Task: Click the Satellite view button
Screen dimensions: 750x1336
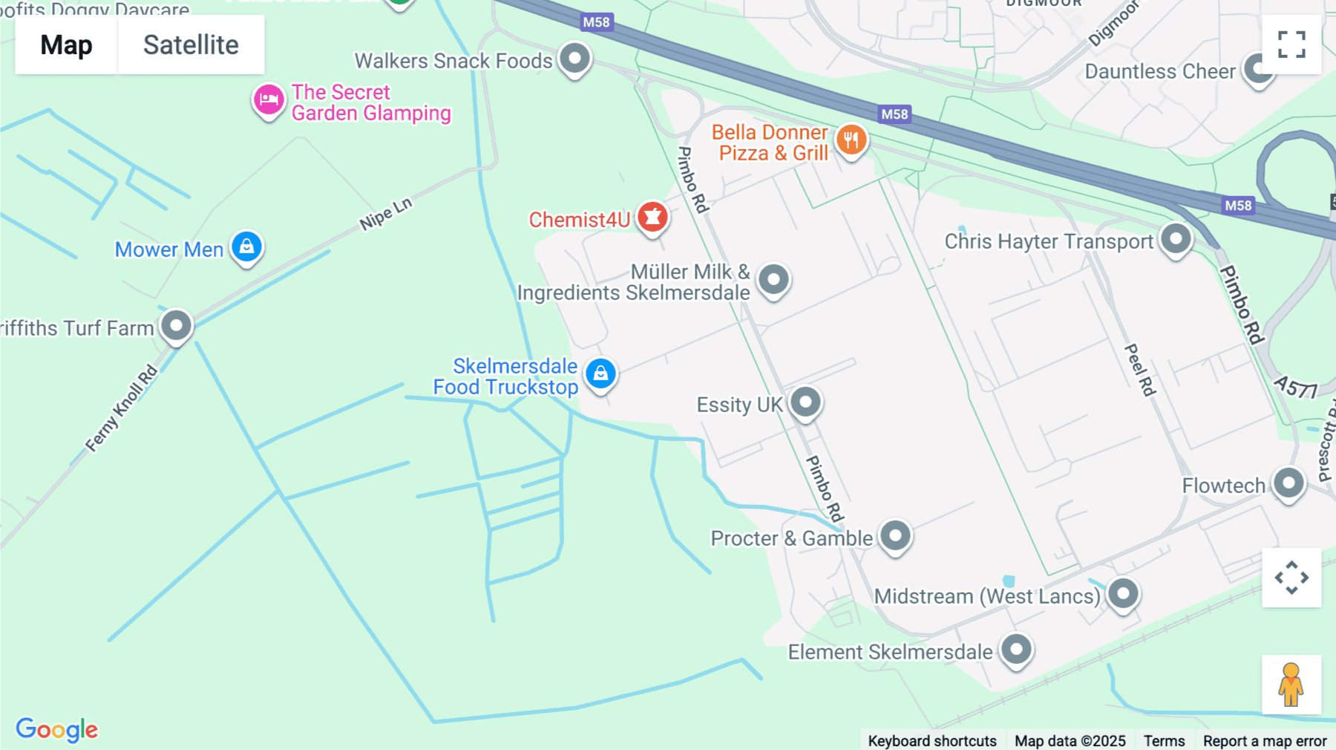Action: [191, 45]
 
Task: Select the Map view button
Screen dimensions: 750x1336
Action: [66, 45]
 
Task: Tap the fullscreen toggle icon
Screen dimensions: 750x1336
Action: [1291, 45]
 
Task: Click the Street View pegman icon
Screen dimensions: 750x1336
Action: [1291, 685]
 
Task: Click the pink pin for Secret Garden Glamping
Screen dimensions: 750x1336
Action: [269, 100]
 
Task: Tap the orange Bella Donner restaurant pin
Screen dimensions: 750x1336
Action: [851, 140]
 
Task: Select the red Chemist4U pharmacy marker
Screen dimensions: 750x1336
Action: [653, 218]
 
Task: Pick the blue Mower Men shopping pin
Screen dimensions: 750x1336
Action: [246, 247]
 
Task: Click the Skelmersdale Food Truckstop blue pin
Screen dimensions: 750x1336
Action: [600, 374]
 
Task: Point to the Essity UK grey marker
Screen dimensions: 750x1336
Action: [805, 402]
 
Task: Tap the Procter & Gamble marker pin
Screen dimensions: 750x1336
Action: [895, 536]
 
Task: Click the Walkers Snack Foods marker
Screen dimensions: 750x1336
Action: [574, 59]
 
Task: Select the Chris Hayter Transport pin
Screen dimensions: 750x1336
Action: [1176, 240]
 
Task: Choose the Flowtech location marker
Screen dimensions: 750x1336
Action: [1288, 484]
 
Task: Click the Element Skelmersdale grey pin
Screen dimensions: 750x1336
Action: [1016, 650]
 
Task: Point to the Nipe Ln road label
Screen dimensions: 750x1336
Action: [385, 215]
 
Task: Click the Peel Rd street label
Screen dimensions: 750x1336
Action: [1140, 370]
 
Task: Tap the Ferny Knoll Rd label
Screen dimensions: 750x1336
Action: [122, 408]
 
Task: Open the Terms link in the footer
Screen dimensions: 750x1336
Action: [1164, 740]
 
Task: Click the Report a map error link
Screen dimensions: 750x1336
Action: [1265, 740]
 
